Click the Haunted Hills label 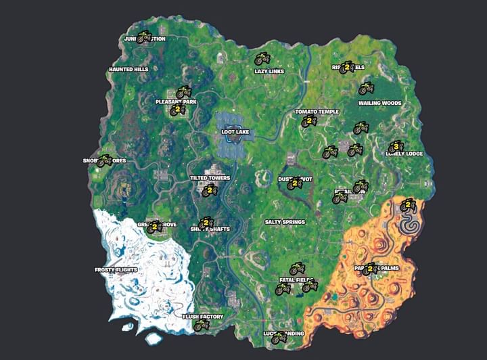pos(128,70)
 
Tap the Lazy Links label pos(269,71)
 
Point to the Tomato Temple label pos(317,112)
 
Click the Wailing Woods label pos(379,104)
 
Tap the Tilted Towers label pos(210,178)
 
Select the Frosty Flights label pos(116,270)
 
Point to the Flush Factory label pos(203,316)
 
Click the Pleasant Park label pos(176,102)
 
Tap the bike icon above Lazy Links pos(262,59)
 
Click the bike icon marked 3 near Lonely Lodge pos(395,146)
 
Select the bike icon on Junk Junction pos(144,37)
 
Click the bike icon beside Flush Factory pos(200,325)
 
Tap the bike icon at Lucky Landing pos(278,337)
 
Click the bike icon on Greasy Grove pos(155,227)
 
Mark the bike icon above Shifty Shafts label pos(206,223)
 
